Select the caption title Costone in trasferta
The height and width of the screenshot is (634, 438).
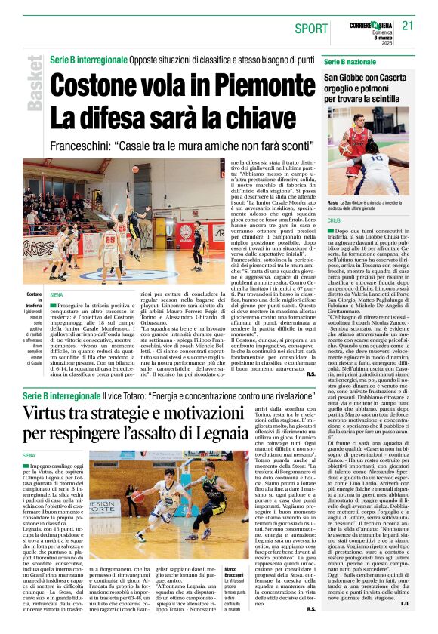tap(34, 300)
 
